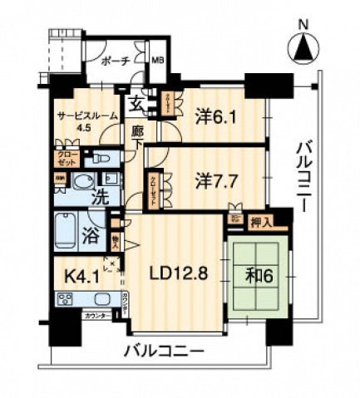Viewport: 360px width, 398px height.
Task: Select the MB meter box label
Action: [x=157, y=60]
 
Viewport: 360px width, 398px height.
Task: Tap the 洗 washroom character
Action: [x=99, y=199]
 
